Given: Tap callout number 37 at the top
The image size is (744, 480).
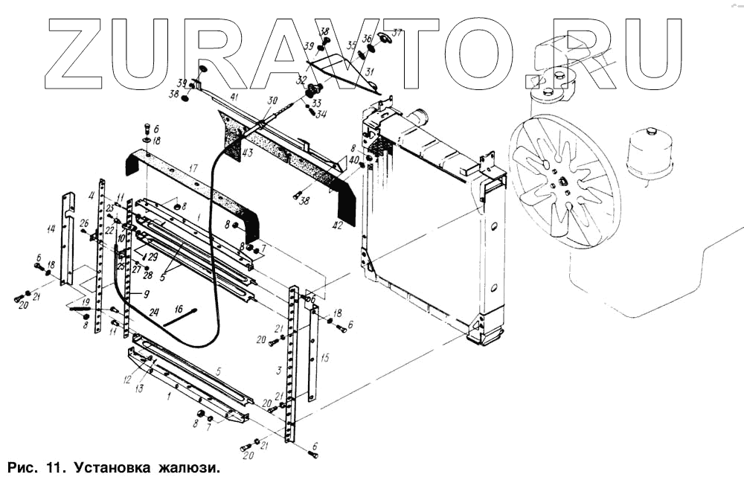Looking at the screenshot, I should pyautogui.click(x=397, y=33).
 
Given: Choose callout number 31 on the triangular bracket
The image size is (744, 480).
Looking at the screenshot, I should pyautogui.click(x=370, y=72).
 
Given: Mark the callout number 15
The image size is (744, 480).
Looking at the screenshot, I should pyautogui.click(x=324, y=358).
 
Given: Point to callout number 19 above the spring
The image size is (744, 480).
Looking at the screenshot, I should pyautogui.click(x=86, y=302).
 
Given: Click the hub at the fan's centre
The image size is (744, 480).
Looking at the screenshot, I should pyautogui.click(x=563, y=181).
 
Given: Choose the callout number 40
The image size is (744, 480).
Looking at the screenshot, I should pyautogui.click(x=353, y=160).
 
